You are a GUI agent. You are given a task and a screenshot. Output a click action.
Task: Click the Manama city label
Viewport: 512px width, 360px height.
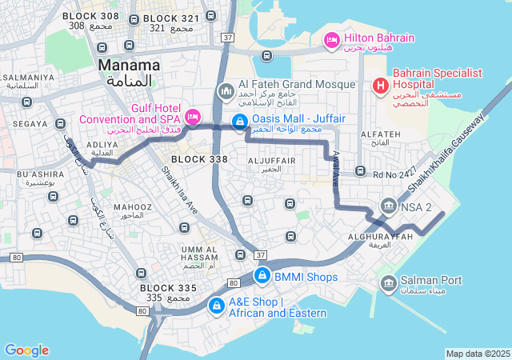tap(128, 65)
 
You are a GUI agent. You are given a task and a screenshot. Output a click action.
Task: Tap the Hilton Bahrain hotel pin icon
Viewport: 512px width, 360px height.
tap(330, 38)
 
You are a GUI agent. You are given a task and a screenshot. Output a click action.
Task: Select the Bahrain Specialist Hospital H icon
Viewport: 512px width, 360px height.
tap(380, 84)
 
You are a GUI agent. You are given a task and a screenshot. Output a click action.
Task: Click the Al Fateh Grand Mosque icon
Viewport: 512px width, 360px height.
tap(225, 92)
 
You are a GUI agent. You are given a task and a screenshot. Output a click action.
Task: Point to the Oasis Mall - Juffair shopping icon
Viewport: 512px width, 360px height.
tap(238, 121)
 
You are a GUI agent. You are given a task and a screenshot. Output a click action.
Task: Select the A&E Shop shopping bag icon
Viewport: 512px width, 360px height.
tap(216, 306)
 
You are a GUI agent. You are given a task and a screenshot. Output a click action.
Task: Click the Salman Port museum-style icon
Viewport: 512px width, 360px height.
tap(388, 283)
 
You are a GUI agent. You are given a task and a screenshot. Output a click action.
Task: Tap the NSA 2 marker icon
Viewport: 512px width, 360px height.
tap(389, 207)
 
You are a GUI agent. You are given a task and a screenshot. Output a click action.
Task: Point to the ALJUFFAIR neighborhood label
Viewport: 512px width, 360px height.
tap(272, 161)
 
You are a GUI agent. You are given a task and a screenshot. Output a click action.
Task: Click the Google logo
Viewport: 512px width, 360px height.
tap(26, 350)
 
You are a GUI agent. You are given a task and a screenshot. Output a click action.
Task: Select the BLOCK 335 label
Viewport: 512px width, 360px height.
tap(168, 287)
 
